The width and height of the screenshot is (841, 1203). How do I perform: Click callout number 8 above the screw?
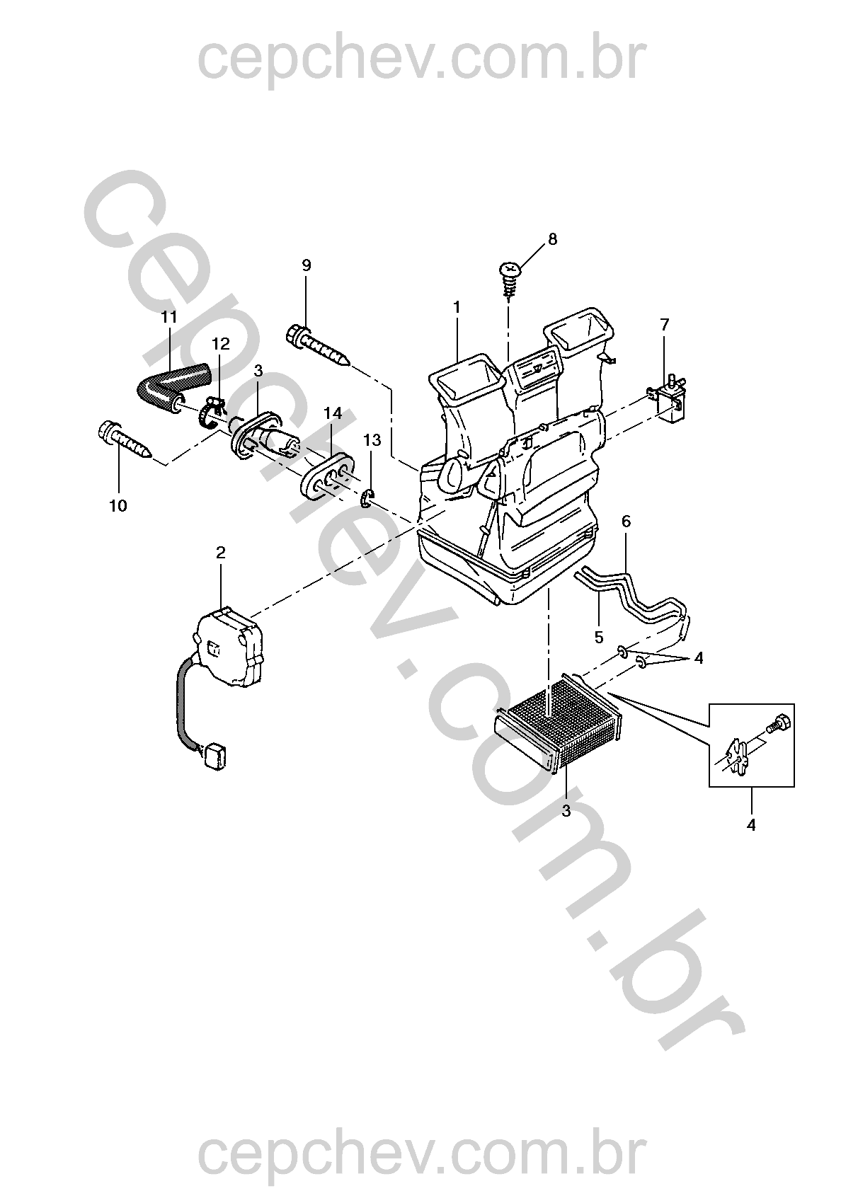pos(552,239)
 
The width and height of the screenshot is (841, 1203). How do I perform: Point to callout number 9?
pos(307,265)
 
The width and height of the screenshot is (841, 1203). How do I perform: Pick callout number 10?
pos(118,506)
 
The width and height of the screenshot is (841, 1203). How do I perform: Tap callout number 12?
pos(220,344)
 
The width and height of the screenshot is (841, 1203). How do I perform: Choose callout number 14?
pos(333,413)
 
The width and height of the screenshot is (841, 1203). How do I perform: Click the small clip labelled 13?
pos(369,498)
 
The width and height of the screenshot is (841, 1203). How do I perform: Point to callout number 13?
pos(372,440)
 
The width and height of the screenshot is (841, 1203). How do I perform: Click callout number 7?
pos(665,324)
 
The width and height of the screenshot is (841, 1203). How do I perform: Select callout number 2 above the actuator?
pos(221,553)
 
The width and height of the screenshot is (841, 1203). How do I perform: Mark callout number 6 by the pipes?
pos(626,522)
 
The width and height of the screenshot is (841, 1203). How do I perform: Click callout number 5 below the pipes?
pos(599,638)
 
